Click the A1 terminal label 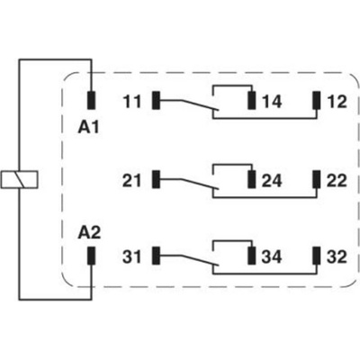click(88, 128)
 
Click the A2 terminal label click(89, 233)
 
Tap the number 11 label click(131, 102)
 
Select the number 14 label click(272, 102)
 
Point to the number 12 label click(337, 102)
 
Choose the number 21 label click(131, 181)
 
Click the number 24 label click(272, 181)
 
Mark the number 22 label click(337, 181)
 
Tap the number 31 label click(131, 257)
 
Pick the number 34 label click(272, 257)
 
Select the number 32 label click(337, 257)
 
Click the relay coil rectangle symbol click(20, 180)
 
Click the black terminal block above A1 click(92, 100)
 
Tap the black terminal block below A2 click(92, 256)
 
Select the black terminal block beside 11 click(156, 100)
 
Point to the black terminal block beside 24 click(252, 179)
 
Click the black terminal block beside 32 click(317, 256)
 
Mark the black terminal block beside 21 click(156, 179)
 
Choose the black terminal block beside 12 click(317, 100)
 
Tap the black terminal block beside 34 click(252, 256)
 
